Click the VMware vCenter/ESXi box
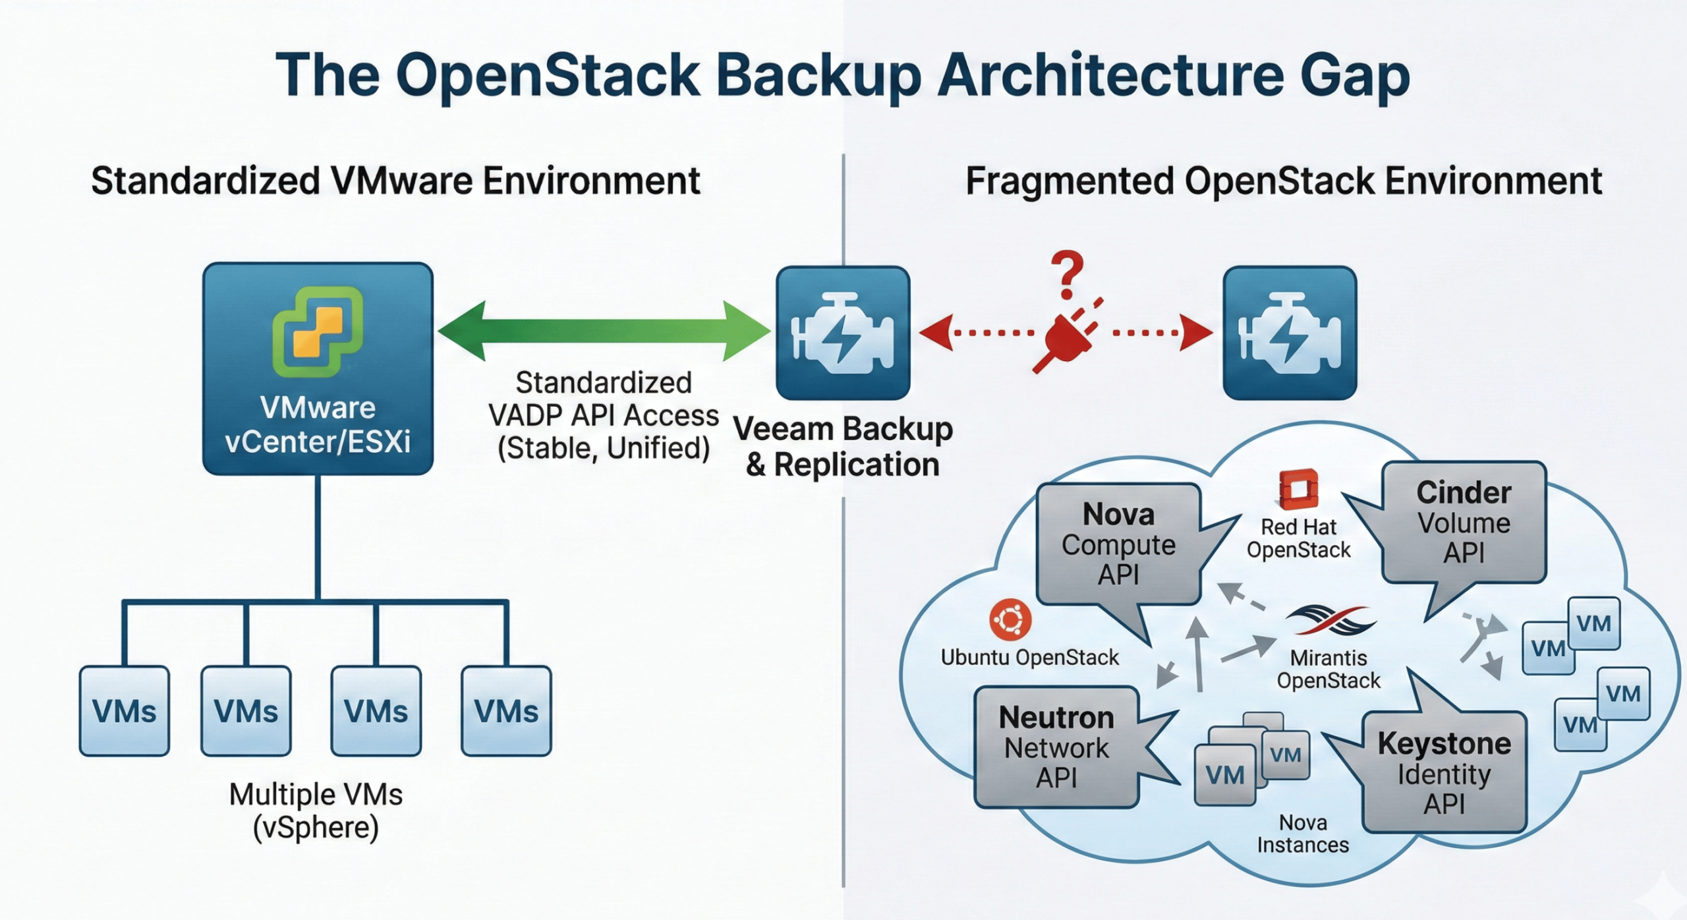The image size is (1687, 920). pos(318,369)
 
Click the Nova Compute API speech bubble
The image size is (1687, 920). pos(1118,544)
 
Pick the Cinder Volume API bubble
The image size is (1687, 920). pos(1464,522)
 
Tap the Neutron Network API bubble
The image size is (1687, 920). pos(1056,747)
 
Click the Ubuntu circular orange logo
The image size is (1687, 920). pos(1010,619)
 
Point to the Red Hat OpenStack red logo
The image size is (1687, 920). pos(1298,490)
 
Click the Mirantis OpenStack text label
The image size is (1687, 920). pos(1329,668)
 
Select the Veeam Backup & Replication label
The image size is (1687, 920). pos(843,446)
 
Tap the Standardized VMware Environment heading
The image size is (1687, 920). pos(395,181)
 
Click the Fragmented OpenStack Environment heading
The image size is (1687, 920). pos(1283,181)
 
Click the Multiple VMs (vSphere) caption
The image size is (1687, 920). pos(316,811)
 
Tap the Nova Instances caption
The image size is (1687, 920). pos(1302,834)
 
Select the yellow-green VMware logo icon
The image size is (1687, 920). pos(318,331)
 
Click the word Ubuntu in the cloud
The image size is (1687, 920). pos(975,657)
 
